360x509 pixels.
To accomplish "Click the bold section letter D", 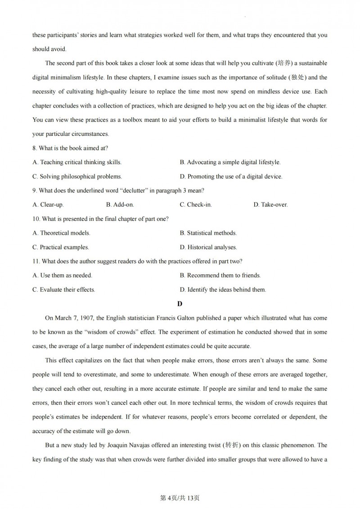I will (x=180, y=304).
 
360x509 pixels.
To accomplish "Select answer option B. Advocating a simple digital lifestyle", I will (x=229, y=162).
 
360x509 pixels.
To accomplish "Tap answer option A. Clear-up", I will (x=48, y=205).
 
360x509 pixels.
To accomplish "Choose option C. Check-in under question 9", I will (x=196, y=205).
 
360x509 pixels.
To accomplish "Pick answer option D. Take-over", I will (x=270, y=205).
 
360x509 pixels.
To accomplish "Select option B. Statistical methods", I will (x=208, y=233).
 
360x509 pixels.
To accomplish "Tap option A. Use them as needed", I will (x=62, y=275).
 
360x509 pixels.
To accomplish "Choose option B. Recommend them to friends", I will (x=220, y=275).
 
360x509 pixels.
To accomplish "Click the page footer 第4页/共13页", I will (x=180, y=498).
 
